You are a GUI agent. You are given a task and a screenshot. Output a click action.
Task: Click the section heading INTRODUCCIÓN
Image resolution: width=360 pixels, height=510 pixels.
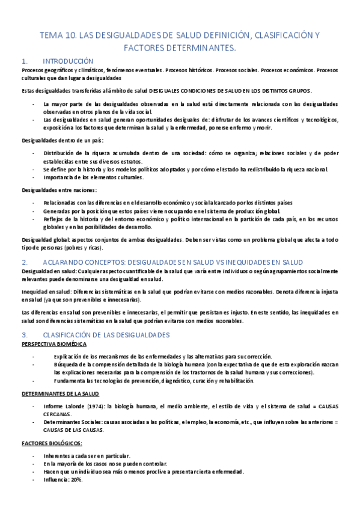(x=68, y=61)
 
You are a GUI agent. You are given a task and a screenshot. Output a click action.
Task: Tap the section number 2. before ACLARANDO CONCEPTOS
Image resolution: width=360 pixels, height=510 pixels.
(x=25, y=262)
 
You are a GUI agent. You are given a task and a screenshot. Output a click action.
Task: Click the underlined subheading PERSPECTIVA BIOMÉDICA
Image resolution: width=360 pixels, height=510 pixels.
(x=53, y=344)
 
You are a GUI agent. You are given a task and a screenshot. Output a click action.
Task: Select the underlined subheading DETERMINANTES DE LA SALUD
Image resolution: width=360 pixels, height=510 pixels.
(x=59, y=393)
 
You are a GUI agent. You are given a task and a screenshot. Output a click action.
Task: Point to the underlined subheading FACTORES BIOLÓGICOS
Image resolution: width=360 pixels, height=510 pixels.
(x=52, y=443)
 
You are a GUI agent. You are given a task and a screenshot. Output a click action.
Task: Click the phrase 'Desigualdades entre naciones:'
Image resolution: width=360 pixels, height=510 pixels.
(x=55, y=190)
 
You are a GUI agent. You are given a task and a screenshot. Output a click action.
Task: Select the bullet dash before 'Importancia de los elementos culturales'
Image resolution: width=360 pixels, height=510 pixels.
(x=33, y=177)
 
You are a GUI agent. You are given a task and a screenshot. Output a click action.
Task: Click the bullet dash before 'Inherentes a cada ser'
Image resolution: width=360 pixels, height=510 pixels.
(x=33, y=455)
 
